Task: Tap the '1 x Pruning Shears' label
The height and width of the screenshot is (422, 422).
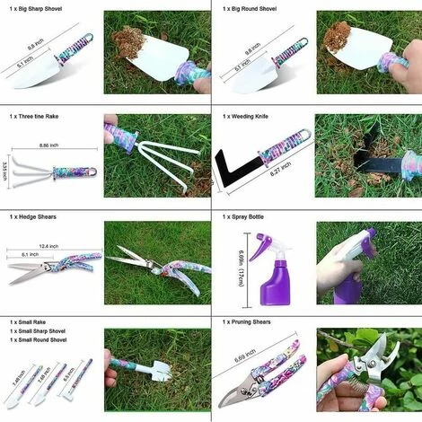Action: coord(254,321)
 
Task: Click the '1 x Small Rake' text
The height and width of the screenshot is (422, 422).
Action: coord(33,321)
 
